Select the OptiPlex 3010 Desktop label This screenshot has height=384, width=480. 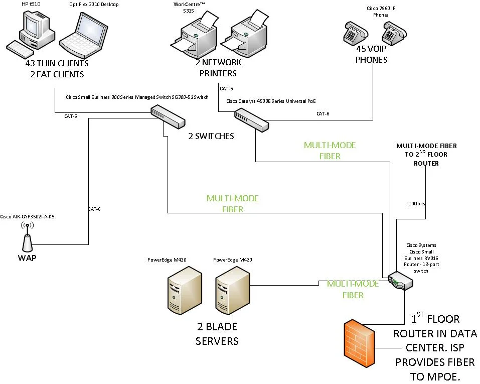(x=94, y=5)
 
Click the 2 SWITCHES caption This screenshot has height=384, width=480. (x=211, y=136)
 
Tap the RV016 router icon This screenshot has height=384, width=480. (x=399, y=281)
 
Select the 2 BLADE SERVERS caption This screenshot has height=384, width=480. (x=217, y=334)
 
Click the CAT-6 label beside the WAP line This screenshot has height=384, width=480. (x=94, y=208)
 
